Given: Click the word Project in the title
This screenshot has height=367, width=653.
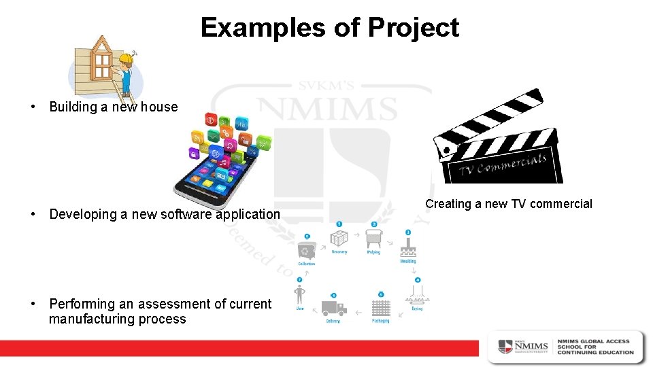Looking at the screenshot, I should point(414,28).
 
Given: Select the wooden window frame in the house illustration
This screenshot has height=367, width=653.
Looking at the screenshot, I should point(101,59).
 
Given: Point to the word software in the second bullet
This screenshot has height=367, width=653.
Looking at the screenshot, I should point(185,214).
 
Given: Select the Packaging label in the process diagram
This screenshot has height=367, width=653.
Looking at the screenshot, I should point(381,321).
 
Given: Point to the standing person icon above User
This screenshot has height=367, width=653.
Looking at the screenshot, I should point(300,296).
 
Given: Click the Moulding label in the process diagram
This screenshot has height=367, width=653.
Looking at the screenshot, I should point(408,261).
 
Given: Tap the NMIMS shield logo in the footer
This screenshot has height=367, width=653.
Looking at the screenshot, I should point(505,346).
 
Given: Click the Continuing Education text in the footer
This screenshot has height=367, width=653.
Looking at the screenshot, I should point(595,352).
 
